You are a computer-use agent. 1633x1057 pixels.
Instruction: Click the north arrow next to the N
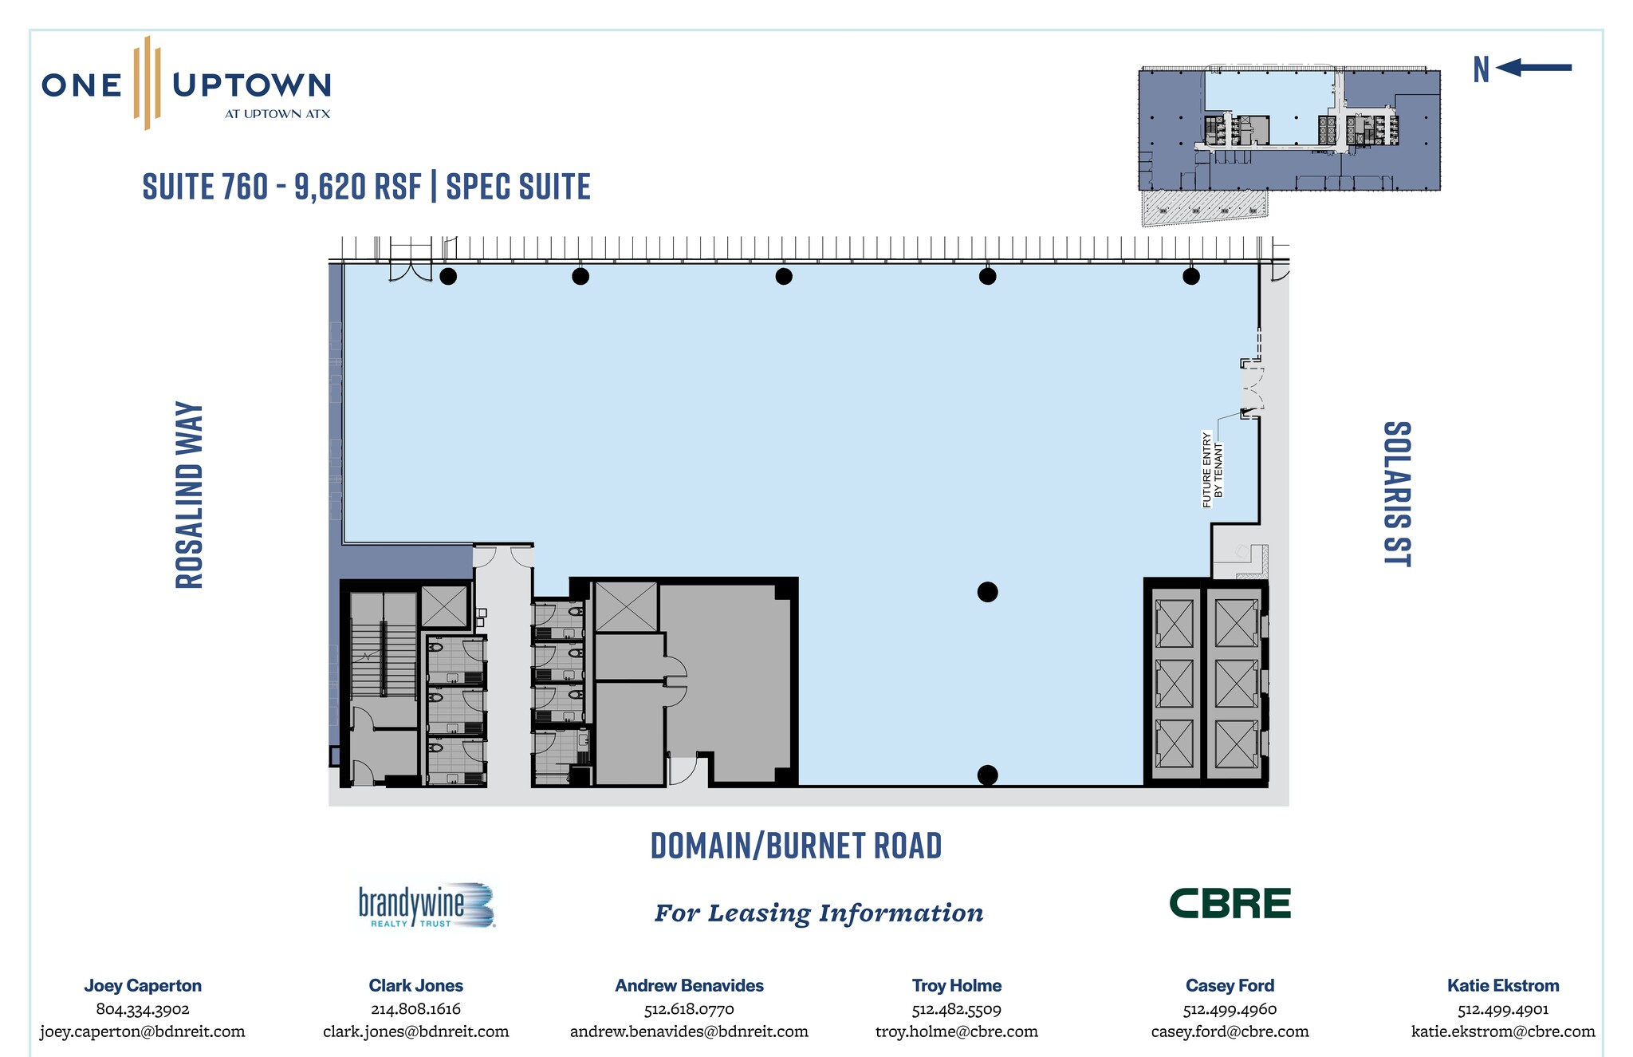click(1533, 68)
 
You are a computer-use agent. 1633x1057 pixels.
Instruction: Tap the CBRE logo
click(1230, 904)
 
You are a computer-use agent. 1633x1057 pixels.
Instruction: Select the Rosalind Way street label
click(190, 495)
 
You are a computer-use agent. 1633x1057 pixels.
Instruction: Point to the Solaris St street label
click(1397, 494)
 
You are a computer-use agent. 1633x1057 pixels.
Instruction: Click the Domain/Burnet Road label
click(797, 846)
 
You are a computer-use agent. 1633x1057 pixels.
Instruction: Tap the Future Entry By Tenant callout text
click(1212, 471)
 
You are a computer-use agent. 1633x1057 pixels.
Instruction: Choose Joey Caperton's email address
click(143, 1031)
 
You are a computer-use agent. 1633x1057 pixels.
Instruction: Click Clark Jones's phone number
click(415, 1009)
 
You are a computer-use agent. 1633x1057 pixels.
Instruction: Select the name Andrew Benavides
click(689, 986)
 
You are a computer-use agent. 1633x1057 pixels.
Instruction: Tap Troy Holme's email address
click(957, 1031)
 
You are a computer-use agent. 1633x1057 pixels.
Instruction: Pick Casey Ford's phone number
click(1230, 1009)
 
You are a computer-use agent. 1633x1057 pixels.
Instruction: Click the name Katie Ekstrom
click(1503, 986)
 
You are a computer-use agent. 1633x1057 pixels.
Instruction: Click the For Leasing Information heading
click(819, 913)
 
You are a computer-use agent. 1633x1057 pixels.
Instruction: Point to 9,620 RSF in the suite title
click(358, 187)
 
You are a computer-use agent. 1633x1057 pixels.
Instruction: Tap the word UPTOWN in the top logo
click(252, 85)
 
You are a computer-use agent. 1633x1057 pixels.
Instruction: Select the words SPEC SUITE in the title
click(518, 187)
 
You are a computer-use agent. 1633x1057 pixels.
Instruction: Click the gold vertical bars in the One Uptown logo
click(148, 82)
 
